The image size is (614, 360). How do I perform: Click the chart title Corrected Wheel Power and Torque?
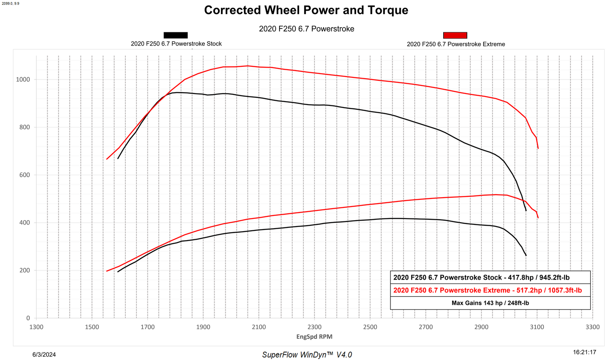pos(306,10)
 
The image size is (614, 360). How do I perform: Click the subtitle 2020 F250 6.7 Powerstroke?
pos(306,29)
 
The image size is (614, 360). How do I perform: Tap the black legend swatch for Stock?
pos(175,35)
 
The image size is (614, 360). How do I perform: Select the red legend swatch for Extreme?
pos(455,35)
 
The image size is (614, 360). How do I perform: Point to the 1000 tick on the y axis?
pos(23,79)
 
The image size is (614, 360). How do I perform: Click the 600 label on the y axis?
pos(25,175)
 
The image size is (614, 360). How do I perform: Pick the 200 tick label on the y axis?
pos(25,270)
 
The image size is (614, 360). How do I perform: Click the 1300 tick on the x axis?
pos(36,327)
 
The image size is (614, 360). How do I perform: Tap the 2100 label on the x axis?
pos(259,327)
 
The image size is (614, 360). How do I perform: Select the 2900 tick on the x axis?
pos(481,327)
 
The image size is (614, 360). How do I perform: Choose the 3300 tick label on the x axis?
pos(593,327)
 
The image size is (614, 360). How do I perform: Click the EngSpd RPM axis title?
pos(314,337)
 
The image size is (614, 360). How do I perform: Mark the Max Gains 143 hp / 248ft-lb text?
pos(490,303)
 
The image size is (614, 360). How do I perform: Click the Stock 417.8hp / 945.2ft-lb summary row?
pos(481,278)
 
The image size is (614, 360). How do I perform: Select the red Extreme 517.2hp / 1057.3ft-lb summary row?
pos(487,290)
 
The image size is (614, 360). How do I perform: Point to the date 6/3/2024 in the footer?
pos(44,354)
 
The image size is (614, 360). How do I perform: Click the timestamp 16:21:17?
pos(585,352)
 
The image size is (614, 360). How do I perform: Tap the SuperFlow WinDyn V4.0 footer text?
pos(307,355)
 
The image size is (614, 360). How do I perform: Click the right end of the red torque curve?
pos(538,148)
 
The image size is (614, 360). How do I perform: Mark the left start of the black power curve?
pos(118,272)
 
